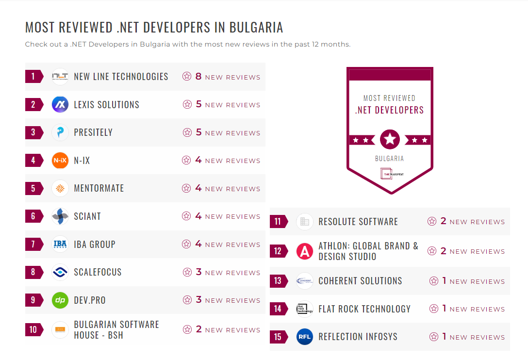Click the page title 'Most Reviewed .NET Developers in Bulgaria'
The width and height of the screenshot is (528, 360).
(154, 27)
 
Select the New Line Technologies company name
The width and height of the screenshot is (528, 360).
(121, 77)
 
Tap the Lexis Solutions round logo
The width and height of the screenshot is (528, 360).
(60, 105)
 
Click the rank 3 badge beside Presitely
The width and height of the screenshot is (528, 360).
(33, 132)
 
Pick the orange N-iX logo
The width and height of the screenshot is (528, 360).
(60, 161)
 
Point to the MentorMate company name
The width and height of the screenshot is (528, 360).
(99, 188)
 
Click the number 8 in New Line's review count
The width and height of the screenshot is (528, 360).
(198, 76)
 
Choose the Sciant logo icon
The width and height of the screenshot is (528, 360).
(60, 216)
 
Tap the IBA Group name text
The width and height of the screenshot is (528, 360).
(95, 245)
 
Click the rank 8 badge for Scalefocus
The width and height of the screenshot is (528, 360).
(33, 272)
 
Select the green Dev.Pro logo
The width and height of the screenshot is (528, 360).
(60, 300)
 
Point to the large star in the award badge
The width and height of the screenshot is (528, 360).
(390, 140)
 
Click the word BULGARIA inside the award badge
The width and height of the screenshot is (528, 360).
(389, 159)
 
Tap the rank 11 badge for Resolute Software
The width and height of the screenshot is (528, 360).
(278, 222)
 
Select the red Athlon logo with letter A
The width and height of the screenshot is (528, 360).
(305, 251)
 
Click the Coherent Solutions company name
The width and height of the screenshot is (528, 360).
(360, 281)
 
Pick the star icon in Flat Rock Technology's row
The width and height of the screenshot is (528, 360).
(434, 309)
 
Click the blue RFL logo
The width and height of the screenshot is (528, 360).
(305, 337)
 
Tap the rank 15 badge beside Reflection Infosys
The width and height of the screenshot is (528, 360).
(278, 337)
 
